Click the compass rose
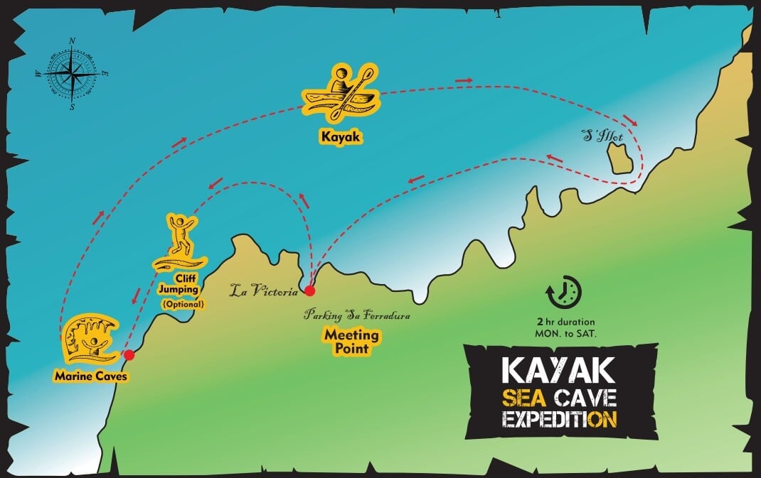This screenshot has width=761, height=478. click(x=72, y=72)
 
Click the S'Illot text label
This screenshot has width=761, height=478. click(x=601, y=135)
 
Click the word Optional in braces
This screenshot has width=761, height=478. click(x=183, y=304)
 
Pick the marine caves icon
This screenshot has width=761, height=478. click(x=88, y=340)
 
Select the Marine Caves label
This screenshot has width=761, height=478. click(x=90, y=376)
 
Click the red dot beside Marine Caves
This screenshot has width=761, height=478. click(x=129, y=354)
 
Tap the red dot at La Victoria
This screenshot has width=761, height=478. click(x=309, y=290)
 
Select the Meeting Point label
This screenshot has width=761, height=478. click(x=351, y=340)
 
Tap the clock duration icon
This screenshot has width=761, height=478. click(x=564, y=292)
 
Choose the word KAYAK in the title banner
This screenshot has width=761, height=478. click(x=557, y=371)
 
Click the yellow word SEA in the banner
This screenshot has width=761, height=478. click(x=526, y=397)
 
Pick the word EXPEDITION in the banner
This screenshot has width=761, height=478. click(x=558, y=419)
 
